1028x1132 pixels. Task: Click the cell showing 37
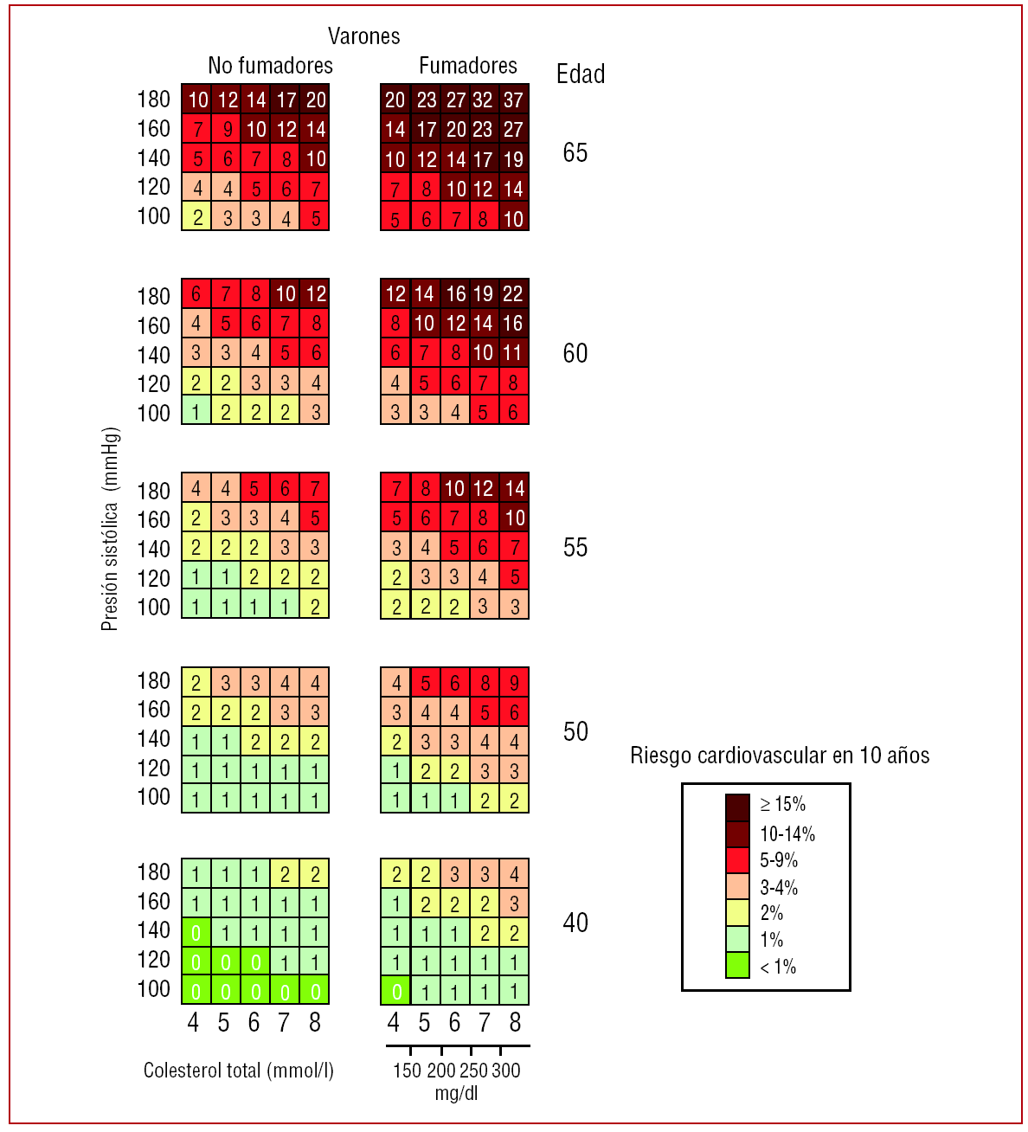[x=514, y=100]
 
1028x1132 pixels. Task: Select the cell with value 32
[x=483, y=100]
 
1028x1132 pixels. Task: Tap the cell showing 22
[x=514, y=294]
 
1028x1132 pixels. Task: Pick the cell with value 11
[x=514, y=353]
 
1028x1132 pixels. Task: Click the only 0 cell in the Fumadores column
[x=395, y=991]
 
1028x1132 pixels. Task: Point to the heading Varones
[x=363, y=36]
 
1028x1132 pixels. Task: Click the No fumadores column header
[x=270, y=66]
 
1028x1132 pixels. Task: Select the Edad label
[x=580, y=74]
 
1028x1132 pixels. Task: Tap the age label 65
[x=575, y=153]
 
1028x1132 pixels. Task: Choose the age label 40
[x=575, y=923]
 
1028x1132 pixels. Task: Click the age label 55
[x=575, y=548]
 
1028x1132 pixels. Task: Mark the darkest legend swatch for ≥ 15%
[x=737, y=807]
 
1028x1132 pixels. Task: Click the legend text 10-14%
[x=787, y=834]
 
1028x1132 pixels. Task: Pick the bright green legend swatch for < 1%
[x=737, y=965]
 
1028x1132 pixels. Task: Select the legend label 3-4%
[x=779, y=887]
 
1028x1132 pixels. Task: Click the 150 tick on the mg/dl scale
[x=407, y=1071]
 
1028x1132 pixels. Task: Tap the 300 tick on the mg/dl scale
[x=506, y=1071]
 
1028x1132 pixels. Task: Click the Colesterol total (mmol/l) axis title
[x=239, y=1071]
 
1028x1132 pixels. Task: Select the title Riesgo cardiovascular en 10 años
[x=780, y=756]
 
